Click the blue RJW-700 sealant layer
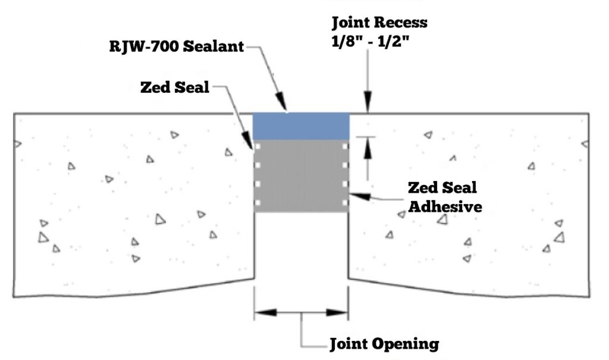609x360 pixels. point(301,126)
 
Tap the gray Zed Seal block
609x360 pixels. point(301,176)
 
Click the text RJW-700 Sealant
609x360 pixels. point(176,46)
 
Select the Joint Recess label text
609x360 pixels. point(379,23)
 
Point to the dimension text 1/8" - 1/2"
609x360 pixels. point(371,40)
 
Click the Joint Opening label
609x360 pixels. point(385,344)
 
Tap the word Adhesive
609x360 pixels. point(445,206)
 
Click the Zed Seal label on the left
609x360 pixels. point(175,87)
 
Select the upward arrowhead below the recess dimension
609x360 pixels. point(368,148)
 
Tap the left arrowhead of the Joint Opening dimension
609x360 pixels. point(266,312)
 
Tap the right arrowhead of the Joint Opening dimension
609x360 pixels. point(337,312)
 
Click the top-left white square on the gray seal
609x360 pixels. point(257,146)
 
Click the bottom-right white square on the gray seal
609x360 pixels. point(345,202)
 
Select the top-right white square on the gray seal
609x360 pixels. point(345,146)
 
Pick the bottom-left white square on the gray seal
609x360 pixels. point(257,202)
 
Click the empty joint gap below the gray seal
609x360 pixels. point(301,246)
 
